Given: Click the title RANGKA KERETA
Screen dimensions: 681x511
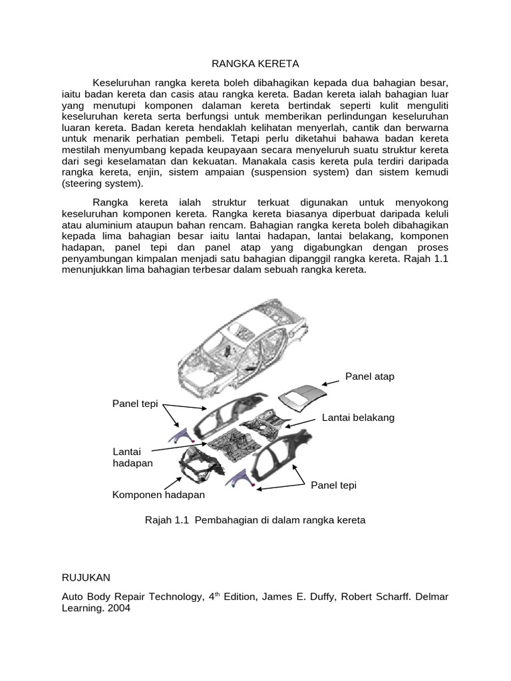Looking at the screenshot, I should [x=255, y=64].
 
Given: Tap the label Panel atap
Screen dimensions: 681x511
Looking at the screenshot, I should [x=369, y=376].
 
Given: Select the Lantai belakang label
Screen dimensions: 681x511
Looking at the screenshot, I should [x=358, y=417].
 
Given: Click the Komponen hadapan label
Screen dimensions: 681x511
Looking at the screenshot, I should [x=158, y=495].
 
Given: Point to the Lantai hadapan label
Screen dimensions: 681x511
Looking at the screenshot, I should [x=133, y=457].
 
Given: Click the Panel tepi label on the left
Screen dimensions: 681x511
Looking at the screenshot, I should [x=135, y=404].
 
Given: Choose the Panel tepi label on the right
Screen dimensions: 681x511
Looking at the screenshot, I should [x=333, y=485].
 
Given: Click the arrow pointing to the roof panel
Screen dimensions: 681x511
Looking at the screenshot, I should [x=333, y=382].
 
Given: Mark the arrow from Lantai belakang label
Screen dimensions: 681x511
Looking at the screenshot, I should [x=302, y=422].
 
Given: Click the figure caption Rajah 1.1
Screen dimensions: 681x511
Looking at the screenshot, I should [x=255, y=519].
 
